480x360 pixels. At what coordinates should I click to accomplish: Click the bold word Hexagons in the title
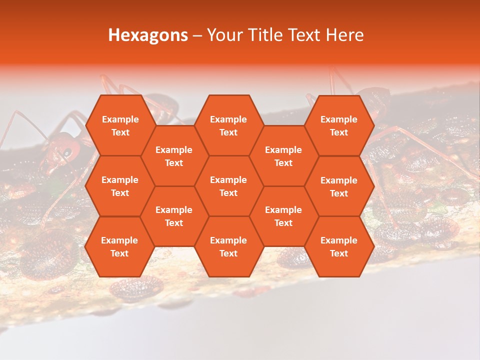click(x=148, y=35)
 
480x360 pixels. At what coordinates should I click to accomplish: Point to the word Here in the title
click(x=344, y=35)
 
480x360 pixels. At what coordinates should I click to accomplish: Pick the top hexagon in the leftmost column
click(x=120, y=125)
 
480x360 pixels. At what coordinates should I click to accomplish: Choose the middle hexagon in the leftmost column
click(x=120, y=186)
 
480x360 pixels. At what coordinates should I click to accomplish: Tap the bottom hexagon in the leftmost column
click(x=119, y=246)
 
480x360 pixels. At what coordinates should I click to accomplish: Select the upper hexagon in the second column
click(x=174, y=156)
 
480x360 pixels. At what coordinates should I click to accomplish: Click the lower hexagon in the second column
click(x=174, y=216)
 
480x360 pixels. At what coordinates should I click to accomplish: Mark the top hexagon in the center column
click(x=228, y=125)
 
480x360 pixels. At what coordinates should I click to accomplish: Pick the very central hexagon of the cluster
click(x=228, y=186)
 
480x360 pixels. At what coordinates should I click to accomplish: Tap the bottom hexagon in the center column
click(x=228, y=246)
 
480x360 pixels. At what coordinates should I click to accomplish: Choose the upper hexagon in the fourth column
click(x=283, y=156)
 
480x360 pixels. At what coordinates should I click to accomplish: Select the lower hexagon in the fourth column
click(x=283, y=216)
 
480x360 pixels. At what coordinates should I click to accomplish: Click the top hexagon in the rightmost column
click(x=339, y=125)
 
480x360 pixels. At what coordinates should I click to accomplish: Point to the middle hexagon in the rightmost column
click(x=339, y=186)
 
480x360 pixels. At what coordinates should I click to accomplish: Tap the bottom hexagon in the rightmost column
click(x=339, y=246)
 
